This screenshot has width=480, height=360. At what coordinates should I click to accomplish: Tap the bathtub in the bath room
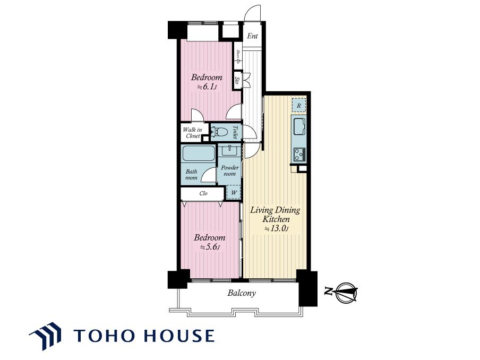(x=199, y=153)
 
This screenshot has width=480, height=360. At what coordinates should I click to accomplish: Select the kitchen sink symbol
(x=299, y=126)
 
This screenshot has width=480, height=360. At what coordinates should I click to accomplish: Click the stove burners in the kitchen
(x=299, y=155)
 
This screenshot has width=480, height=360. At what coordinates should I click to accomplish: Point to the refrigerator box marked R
(x=299, y=106)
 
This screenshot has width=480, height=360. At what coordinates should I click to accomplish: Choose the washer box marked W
(x=234, y=193)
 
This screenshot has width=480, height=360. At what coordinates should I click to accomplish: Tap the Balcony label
(x=241, y=293)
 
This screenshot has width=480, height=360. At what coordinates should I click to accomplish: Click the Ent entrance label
(x=252, y=36)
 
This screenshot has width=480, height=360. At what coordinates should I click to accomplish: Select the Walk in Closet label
(x=193, y=133)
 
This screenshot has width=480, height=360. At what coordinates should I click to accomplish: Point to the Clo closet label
(x=203, y=193)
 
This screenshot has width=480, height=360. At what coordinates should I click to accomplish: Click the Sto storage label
(x=237, y=81)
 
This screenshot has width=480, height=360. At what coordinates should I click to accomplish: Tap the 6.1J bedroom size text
(x=207, y=87)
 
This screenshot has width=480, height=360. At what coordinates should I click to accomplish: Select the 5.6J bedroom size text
(x=210, y=247)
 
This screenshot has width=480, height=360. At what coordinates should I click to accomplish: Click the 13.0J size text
(x=277, y=228)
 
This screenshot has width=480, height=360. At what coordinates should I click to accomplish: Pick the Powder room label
(x=229, y=170)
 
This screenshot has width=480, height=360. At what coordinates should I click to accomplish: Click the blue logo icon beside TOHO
(x=45, y=336)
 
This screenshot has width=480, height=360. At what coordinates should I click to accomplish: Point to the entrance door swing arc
(x=253, y=12)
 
